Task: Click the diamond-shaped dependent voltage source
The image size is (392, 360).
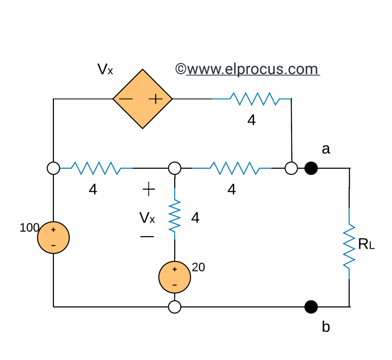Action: (142, 99)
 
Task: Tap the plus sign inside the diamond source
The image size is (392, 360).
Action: (155, 99)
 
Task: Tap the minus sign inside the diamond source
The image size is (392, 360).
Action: (126, 99)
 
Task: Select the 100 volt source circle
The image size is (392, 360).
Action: (53, 238)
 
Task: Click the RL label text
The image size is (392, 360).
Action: (366, 245)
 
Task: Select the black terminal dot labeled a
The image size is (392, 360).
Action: (311, 168)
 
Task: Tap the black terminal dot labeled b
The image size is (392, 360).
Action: (311, 306)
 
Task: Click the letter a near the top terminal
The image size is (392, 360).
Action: (326, 149)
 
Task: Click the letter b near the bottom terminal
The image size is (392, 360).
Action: (326, 327)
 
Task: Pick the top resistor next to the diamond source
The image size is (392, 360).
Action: (254, 99)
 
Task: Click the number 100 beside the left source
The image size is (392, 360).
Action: (29, 228)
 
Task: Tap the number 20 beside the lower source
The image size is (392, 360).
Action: (198, 267)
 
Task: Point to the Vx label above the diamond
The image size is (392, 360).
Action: (105, 69)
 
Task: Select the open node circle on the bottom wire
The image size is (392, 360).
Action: (175, 307)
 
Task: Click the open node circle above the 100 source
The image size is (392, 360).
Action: (53, 168)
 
